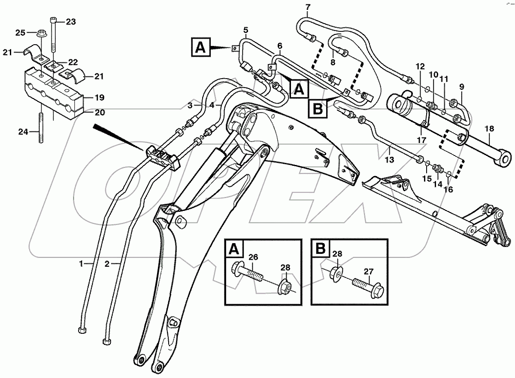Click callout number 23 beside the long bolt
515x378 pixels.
click(x=70, y=21)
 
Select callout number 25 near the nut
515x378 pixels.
click(x=21, y=33)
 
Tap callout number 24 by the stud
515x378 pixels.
click(x=23, y=132)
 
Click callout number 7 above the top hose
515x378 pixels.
click(x=307, y=7)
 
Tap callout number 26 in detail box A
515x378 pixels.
click(x=253, y=257)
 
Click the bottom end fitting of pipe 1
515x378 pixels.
click(x=82, y=330)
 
